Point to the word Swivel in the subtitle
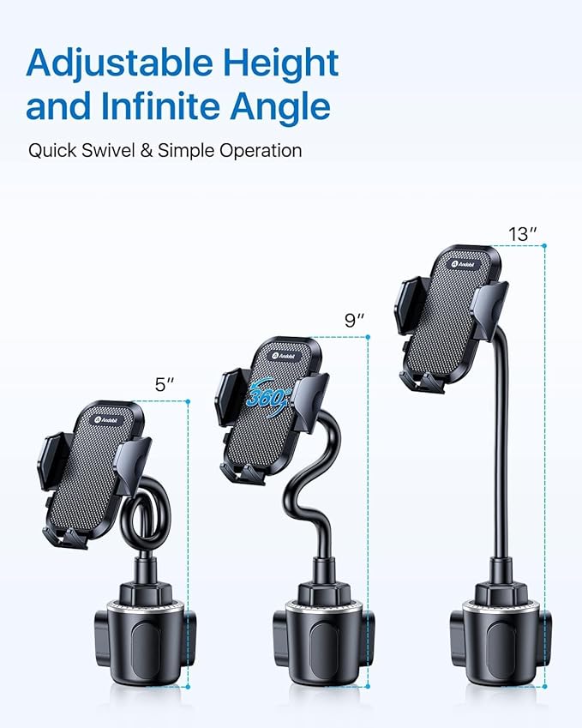tap(111, 151)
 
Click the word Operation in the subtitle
tap(258, 152)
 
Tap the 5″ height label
tap(165, 385)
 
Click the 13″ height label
tap(521, 233)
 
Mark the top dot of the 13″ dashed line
tap(543, 245)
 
